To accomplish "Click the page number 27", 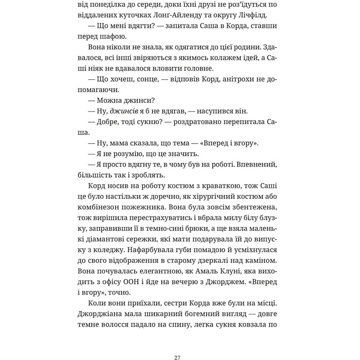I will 180,345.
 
